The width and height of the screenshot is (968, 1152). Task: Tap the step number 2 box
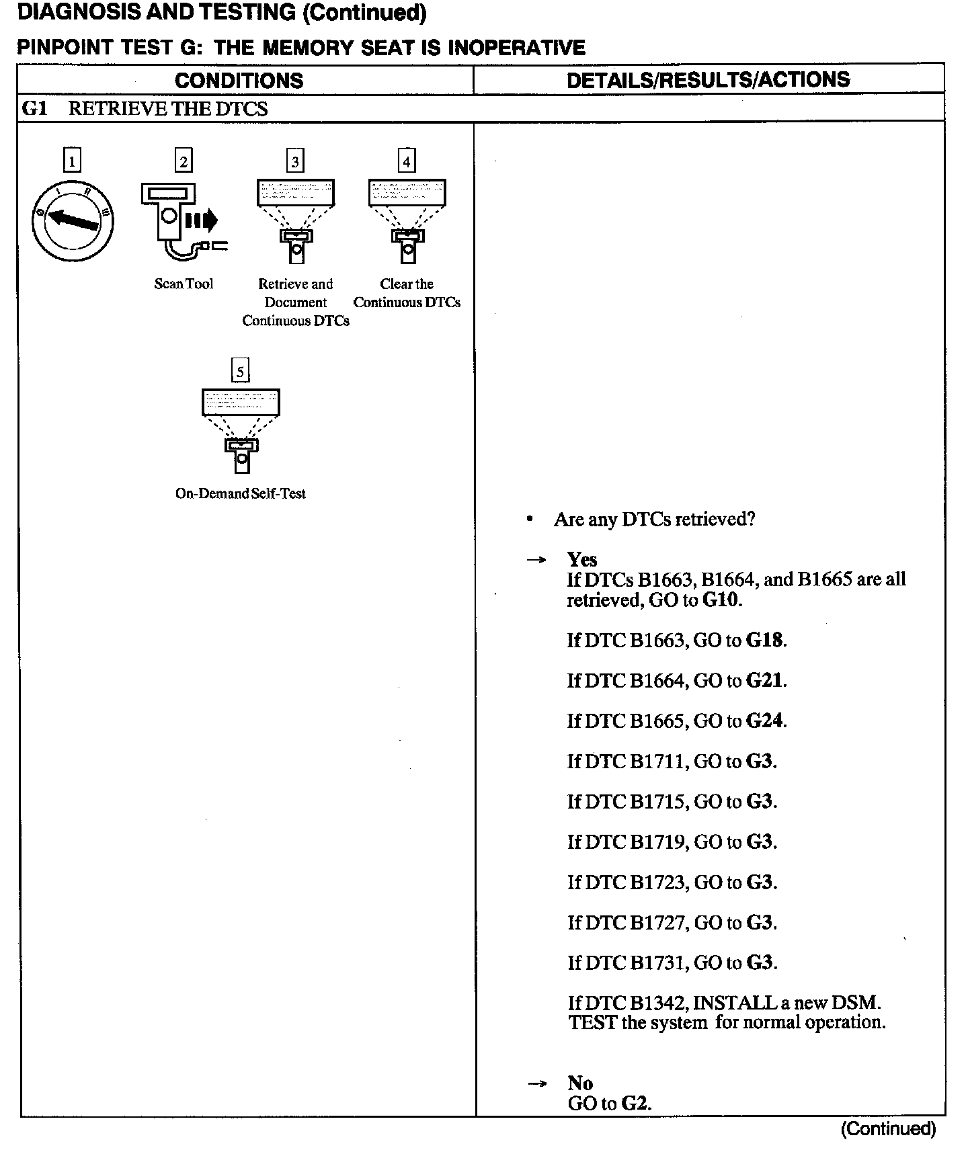(183, 161)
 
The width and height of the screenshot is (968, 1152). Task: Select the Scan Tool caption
(184, 284)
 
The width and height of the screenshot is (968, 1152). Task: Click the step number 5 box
(240, 370)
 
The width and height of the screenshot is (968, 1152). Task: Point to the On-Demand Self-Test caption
(241, 493)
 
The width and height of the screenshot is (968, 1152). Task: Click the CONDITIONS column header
(239, 81)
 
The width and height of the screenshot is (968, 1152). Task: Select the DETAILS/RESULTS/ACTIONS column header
(708, 80)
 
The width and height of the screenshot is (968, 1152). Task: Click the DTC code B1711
(657, 761)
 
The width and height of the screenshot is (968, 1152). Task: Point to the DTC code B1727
(657, 922)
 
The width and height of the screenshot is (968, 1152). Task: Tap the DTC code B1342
(657, 1003)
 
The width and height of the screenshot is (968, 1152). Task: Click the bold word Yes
(581, 559)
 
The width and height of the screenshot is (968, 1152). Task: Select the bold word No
(580, 1083)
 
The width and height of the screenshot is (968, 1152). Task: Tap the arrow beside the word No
(536, 1083)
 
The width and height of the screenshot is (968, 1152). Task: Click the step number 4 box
(406, 161)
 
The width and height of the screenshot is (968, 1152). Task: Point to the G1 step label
(35, 108)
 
